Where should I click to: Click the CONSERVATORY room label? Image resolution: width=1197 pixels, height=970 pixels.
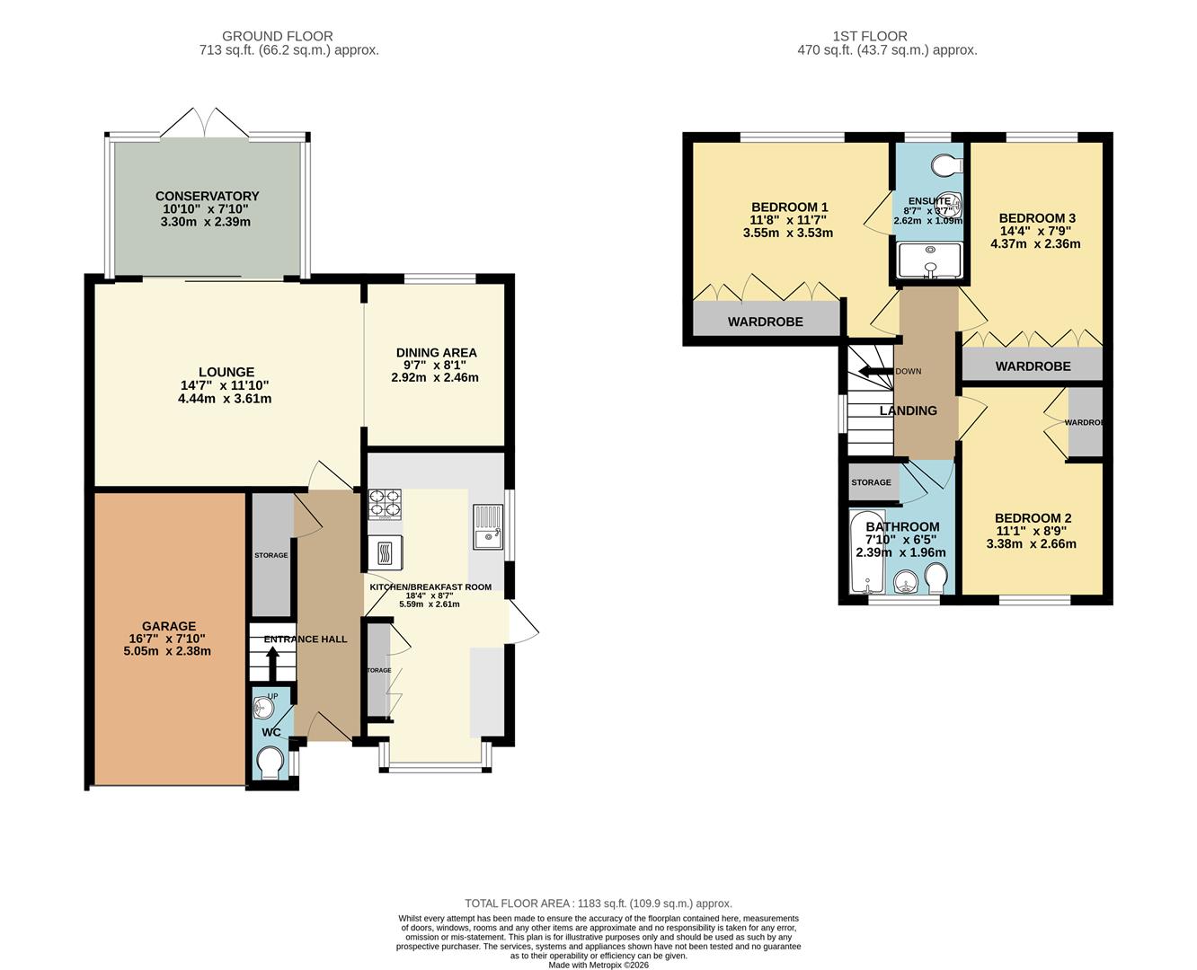pos(207,196)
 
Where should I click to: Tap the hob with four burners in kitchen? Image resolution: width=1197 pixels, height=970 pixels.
pos(385,504)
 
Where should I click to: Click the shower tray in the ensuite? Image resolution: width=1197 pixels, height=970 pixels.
pos(930,260)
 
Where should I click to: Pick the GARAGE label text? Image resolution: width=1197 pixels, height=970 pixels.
pos(168,626)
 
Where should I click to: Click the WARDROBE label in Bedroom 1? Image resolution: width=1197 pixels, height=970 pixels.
pos(765,322)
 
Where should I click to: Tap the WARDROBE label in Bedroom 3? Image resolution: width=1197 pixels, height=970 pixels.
pos(1033,366)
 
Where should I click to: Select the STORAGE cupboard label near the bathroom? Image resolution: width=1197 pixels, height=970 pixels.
pos(871,482)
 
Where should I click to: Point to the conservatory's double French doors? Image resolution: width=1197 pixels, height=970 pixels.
pos(205,123)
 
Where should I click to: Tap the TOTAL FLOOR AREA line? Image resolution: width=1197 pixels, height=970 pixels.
pos(598,904)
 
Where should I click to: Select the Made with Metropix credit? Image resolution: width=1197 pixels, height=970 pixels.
pos(598,966)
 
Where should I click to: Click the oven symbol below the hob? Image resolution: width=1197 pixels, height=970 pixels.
pos(385,550)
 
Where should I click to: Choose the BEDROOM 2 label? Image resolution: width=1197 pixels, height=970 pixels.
pos(1033,518)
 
